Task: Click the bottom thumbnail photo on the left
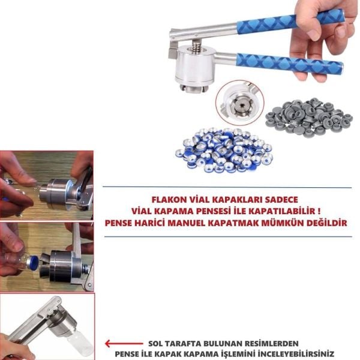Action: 47,327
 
